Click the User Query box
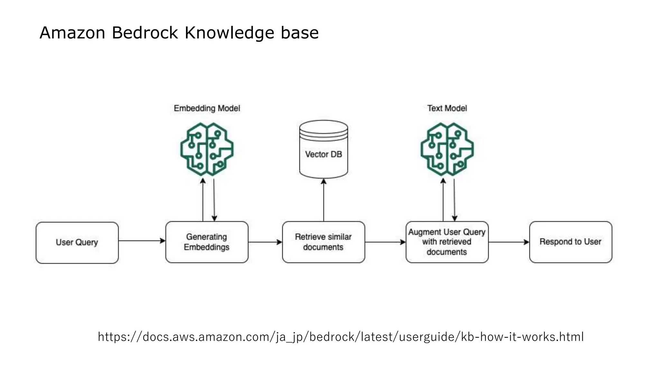[x=77, y=242]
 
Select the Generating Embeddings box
[x=207, y=242]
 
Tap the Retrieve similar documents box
[x=323, y=242]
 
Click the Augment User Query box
[x=447, y=242]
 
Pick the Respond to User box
[x=571, y=242]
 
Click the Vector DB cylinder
[x=323, y=150]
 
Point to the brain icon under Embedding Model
[x=207, y=149]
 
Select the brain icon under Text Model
[x=447, y=149]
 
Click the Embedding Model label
[x=207, y=108]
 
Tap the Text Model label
[x=447, y=108]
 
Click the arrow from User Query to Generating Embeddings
[x=142, y=241]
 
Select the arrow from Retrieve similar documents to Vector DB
[x=324, y=200]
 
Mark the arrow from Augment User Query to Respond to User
[x=508, y=242]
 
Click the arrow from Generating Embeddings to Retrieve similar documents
[x=265, y=242]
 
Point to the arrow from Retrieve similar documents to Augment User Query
[x=385, y=242]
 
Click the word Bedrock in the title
[x=145, y=33]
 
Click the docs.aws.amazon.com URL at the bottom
[x=340, y=337]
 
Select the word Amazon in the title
[x=72, y=33]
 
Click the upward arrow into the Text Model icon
[x=443, y=200]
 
